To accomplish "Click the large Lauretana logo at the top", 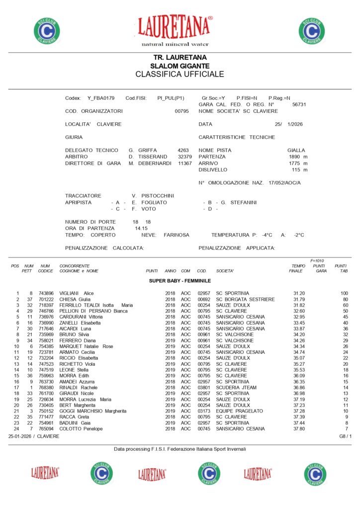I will (x=175, y=28).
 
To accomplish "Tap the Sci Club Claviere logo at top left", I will (x=47, y=30).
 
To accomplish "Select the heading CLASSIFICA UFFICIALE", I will (x=180, y=75).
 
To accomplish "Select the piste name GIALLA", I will (x=296, y=150).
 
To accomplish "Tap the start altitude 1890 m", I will (x=298, y=157).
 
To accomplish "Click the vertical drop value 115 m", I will (x=299, y=170).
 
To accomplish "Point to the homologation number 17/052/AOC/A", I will (x=284, y=183).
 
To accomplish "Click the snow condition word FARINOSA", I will (x=177, y=235).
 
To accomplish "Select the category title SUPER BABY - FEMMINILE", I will (x=180, y=281).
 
